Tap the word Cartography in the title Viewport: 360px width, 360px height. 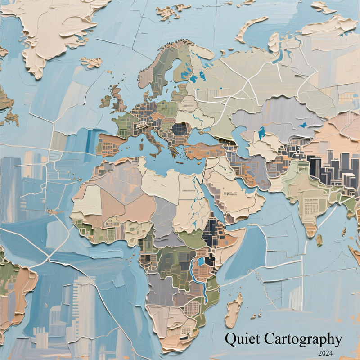coord(304,338)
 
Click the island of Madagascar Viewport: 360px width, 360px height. coord(234,310)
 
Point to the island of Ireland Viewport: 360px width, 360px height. coord(105,101)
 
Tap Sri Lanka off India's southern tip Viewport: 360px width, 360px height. coord(319,241)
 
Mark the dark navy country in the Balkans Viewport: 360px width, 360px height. coord(180,130)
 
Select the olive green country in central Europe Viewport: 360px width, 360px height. coord(167,108)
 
